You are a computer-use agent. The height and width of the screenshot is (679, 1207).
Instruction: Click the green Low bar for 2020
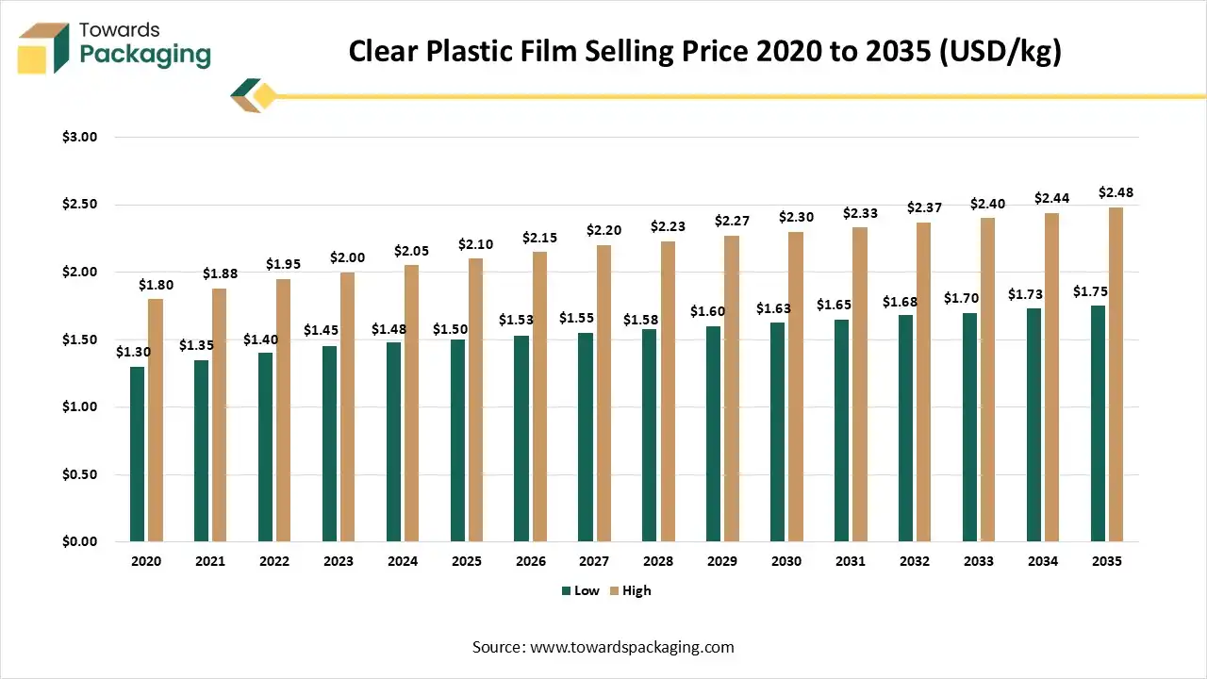pos(138,454)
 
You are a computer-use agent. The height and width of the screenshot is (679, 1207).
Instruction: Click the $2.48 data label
pos(1116,193)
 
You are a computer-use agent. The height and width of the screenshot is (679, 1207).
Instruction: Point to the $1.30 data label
pos(133,352)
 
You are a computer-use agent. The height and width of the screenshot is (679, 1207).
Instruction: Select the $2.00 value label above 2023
pos(347,257)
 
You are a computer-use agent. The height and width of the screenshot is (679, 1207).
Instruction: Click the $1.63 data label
pos(773,308)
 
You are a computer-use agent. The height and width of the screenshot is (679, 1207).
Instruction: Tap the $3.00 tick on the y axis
pos(80,137)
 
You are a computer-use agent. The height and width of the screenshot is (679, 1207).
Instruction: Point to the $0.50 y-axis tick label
pos(80,474)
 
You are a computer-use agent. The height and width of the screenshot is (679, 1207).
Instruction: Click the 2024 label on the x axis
pos(403,561)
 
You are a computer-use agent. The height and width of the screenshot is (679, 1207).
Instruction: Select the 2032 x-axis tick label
pos(915,561)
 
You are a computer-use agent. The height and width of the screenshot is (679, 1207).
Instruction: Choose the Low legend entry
pos(580,590)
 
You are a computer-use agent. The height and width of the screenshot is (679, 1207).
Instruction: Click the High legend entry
pos(630,590)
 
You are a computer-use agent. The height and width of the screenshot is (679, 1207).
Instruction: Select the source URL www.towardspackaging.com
pos(632,647)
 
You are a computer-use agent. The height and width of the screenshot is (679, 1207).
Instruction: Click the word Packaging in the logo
pos(144,55)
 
